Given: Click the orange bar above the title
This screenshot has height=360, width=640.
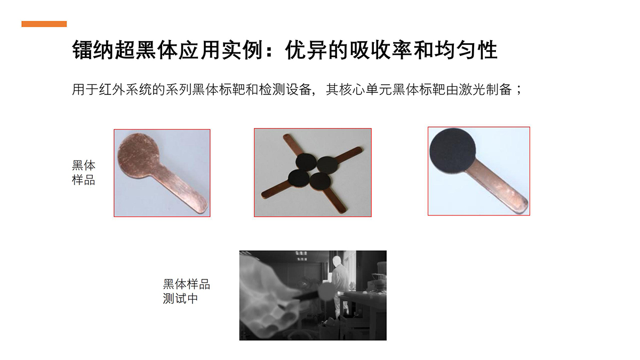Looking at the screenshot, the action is pyautogui.click(x=44, y=24).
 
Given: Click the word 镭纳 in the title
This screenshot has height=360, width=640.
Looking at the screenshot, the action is pyautogui.click(x=93, y=50).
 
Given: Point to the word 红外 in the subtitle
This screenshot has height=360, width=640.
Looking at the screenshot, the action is pyautogui.click(x=113, y=90).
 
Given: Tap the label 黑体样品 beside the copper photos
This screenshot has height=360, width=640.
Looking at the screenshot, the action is pyautogui.click(x=83, y=173).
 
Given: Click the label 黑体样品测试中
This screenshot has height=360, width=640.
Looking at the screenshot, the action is pyautogui.click(x=186, y=291).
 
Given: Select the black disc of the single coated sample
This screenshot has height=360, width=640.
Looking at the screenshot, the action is pyautogui.click(x=453, y=151).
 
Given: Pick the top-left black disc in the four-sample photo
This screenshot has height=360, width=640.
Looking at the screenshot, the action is pyautogui.click(x=306, y=162).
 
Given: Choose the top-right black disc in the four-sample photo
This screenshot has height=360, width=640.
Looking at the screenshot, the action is pyautogui.click(x=327, y=165).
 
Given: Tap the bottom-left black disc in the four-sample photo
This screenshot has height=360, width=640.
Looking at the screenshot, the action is pyautogui.click(x=299, y=178).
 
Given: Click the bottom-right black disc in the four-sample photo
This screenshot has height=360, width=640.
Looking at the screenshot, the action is pyautogui.click(x=320, y=181).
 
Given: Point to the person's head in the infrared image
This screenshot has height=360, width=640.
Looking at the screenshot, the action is pyautogui.click(x=338, y=261).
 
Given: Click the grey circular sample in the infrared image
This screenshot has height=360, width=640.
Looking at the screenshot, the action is pyautogui.click(x=326, y=292).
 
